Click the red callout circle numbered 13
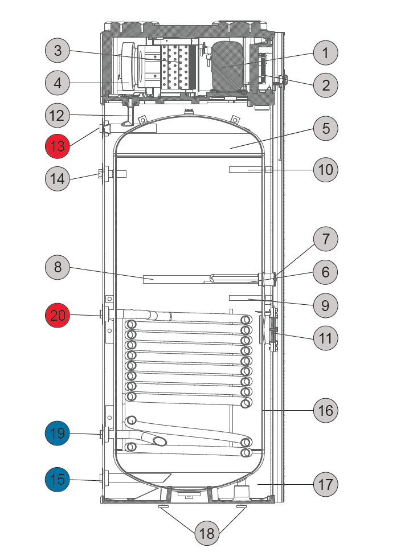coord(58,146)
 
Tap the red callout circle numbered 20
coord(58,315)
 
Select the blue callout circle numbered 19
coord(58,434)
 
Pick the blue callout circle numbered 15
coord(58,480)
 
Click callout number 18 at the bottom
coord(207,533)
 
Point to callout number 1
coord(325,53)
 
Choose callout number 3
coord(58,50)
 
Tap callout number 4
coord(58,83)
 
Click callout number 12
coord(58,115)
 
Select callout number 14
coord(58,179)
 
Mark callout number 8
coord(58,267)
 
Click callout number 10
coord(325,170)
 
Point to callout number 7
coord(325,239)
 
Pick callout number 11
coord(325,338)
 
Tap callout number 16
coord(325,411)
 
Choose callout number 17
coord(325,484)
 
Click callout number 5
coord(325,128)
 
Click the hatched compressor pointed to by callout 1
coord(228,67)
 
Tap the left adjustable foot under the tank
coord(164,505)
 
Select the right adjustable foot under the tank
coord(242,505)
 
